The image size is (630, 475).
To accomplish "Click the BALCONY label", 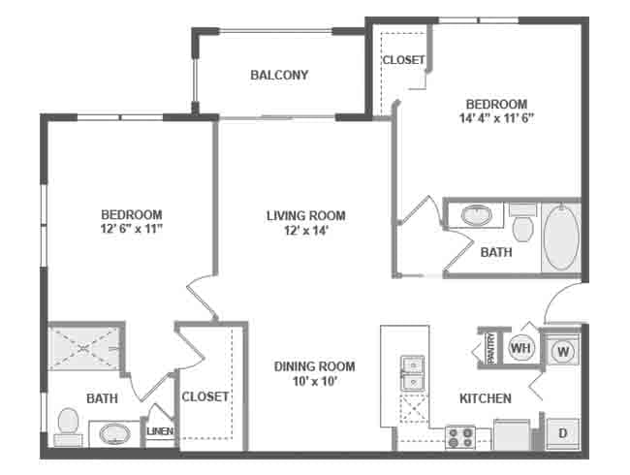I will pos(279,76).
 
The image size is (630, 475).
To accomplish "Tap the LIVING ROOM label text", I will pos(306,216).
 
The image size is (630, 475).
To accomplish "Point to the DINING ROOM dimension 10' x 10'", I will pos(313,382).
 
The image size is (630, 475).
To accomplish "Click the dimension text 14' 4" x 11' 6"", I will pos(496,119).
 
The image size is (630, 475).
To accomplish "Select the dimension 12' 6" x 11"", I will pos(131,230).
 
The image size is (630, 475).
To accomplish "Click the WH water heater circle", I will pos(520,348).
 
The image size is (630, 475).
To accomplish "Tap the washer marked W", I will pos(562,351).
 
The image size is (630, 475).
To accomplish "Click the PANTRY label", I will pos(491,347).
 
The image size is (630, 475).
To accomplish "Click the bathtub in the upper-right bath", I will pos(559,237).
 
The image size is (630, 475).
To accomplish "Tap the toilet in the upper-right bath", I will pos(522,225).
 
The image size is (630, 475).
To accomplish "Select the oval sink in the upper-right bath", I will pos(476,215).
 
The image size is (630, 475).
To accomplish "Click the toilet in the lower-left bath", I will pos(68,425).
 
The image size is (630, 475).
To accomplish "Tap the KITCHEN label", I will pos(486,398).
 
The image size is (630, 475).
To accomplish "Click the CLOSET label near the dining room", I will pos(205,396).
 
